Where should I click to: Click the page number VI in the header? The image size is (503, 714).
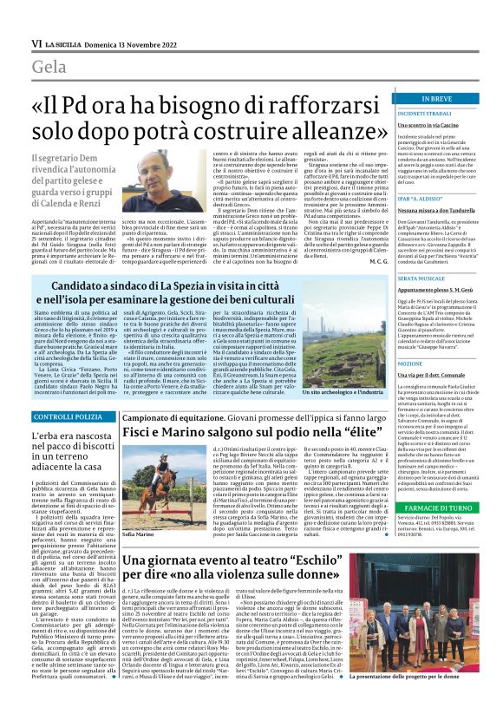pos(12,42)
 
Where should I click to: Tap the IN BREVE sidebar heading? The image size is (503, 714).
pos(447,100)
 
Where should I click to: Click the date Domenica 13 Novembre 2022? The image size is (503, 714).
pos(118,42)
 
